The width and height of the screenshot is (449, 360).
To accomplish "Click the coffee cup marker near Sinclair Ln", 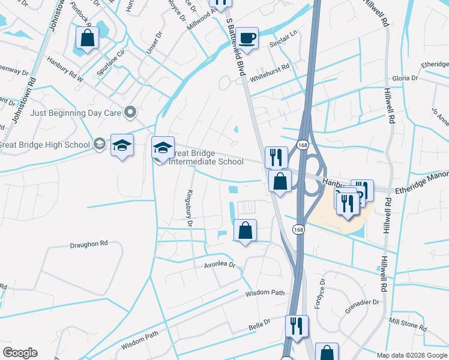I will click(x=247, y=38).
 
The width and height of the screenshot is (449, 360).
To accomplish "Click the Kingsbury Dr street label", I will click(x=189, y=207).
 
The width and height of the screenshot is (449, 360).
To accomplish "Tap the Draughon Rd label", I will click(x=88, y=244).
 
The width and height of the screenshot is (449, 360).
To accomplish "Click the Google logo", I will click(x=20, y=353).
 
